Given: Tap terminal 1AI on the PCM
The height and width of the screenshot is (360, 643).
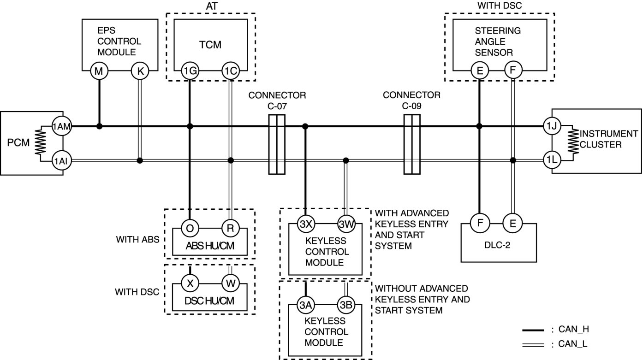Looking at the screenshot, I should (x=61, y=161).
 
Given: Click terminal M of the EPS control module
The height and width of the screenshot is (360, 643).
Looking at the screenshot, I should (x=99, y=71).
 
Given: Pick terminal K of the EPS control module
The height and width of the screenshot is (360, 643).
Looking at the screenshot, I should (x=140, y=71).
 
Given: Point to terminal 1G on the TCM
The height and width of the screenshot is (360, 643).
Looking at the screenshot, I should (x=190, y=71).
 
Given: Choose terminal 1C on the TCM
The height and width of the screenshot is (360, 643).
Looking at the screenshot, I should (x=231, y=71).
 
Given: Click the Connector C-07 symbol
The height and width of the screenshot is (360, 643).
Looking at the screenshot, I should (x=276, y=144).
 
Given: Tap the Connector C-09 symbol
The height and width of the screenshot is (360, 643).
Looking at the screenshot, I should (x=412, y=144).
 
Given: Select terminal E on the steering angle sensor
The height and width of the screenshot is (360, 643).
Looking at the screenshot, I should (x=480, y=71).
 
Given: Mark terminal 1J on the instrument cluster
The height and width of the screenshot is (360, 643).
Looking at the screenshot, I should (x=552, y=126).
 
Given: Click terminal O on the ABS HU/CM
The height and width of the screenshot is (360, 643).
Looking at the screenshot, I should (x=190, y=228).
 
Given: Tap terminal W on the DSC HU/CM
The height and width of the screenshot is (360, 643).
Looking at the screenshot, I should (x=231, y=283).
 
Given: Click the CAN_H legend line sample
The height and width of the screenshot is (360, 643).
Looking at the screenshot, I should (x=535, y=330).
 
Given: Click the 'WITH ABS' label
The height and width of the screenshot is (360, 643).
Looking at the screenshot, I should (x=137, y=240).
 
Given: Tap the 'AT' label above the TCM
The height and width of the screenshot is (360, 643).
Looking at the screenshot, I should (x=211, y=6).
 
